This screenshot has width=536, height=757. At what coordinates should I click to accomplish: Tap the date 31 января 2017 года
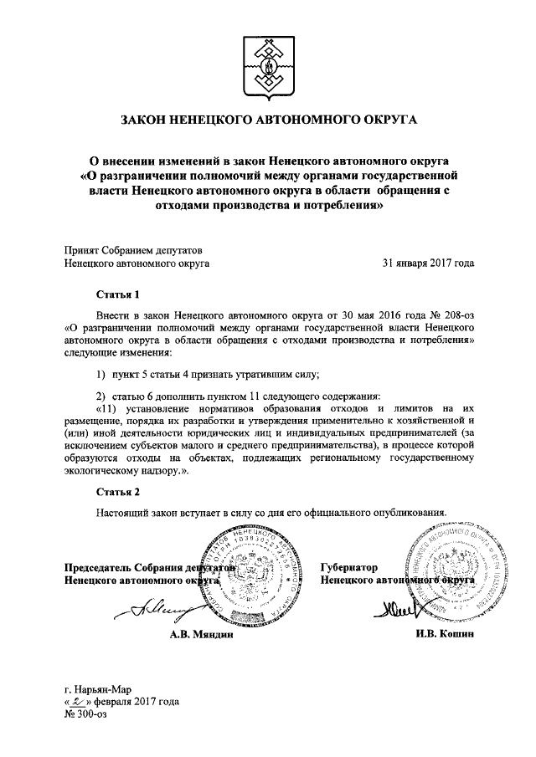(x=427, y=263)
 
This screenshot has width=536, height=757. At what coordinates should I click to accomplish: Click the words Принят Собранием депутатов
(x=133, y=248)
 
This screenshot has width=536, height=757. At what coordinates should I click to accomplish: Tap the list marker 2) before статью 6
(x=100, y=396)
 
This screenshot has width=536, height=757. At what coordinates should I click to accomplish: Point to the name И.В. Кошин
(x=444, y=635)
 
